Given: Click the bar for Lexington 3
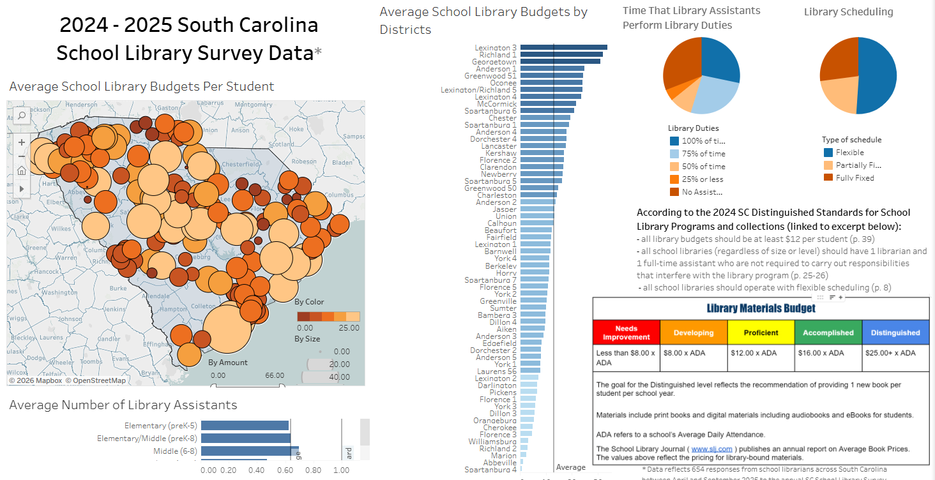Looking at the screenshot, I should tap(563, 47).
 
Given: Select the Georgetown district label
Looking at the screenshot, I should tap(495, 62).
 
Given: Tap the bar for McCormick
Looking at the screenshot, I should tap(548, 103).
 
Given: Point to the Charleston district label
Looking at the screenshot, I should tap(497, 195).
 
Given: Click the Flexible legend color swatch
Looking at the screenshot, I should tap(828, 153).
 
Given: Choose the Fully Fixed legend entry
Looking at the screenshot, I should tap(855, 178).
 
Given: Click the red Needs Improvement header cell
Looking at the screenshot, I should tap(626, 333).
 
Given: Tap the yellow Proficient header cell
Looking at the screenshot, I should tap(761, 333).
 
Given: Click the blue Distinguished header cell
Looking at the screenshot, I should tap(895, 333).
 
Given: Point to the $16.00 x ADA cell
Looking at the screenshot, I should tap(828, 353).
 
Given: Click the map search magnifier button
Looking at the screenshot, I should tap(22, 116).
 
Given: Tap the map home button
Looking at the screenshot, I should tap(22, 170).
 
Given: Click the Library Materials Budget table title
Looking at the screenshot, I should tap(761, 308).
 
